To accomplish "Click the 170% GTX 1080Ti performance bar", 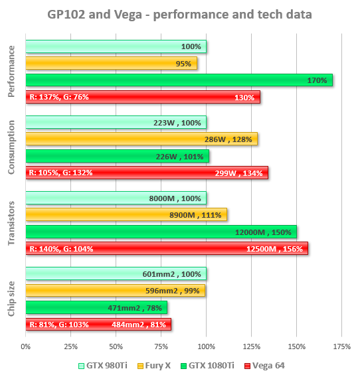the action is [179, 80].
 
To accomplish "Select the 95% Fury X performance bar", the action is [112, 63].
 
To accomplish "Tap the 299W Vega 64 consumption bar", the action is [147, 173].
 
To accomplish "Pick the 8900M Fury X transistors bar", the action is [126, 214].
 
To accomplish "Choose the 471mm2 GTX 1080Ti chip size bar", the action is [96, 307].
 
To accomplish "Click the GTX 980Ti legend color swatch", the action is [81, 366].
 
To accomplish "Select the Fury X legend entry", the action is [154, 366].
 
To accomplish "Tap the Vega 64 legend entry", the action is [264, 366].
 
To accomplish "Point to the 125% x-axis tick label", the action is [251, 346].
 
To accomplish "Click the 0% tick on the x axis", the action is [26, 346].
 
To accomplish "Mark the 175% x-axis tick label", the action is [341, 346].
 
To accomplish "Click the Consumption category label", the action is [11, 147].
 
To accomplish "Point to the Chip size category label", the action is [11, 299].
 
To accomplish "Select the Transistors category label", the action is [11, 223].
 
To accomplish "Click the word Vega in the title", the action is [128, 15].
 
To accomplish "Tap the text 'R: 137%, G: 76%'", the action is [59, 97].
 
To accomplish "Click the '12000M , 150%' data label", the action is [263, 232].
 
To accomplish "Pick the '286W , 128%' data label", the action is [228, 139].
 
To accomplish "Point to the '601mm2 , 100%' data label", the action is [172, 274].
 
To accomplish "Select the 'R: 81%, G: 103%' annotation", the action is [59, 325].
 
